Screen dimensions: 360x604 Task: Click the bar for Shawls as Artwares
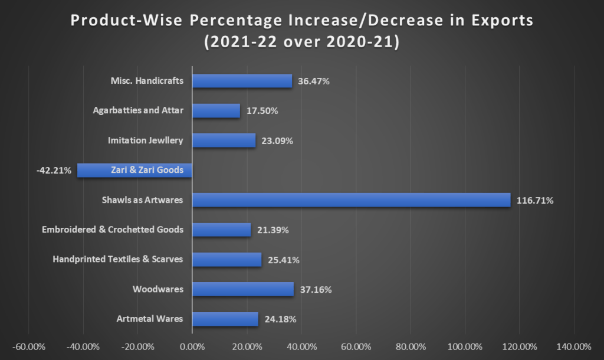[351, 200]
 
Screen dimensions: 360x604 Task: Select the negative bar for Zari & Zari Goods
[134, 170]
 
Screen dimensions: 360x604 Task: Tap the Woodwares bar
[242, 289]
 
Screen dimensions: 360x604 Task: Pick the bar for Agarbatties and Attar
[216, 110]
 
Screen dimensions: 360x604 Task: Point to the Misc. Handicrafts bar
[242, 81]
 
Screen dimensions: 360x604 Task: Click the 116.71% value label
[535, 201]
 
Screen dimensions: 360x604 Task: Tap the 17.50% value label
[261, 111]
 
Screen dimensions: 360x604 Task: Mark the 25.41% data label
[283, 260]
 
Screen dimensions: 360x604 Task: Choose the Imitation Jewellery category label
[146, 140]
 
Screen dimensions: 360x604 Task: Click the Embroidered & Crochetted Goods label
[113, 230]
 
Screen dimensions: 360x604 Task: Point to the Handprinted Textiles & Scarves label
[118, 259]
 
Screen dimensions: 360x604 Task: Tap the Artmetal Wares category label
[150, 319]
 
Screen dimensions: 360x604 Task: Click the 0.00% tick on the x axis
[192, 346]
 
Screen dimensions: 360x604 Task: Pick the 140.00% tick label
[573, 346]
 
